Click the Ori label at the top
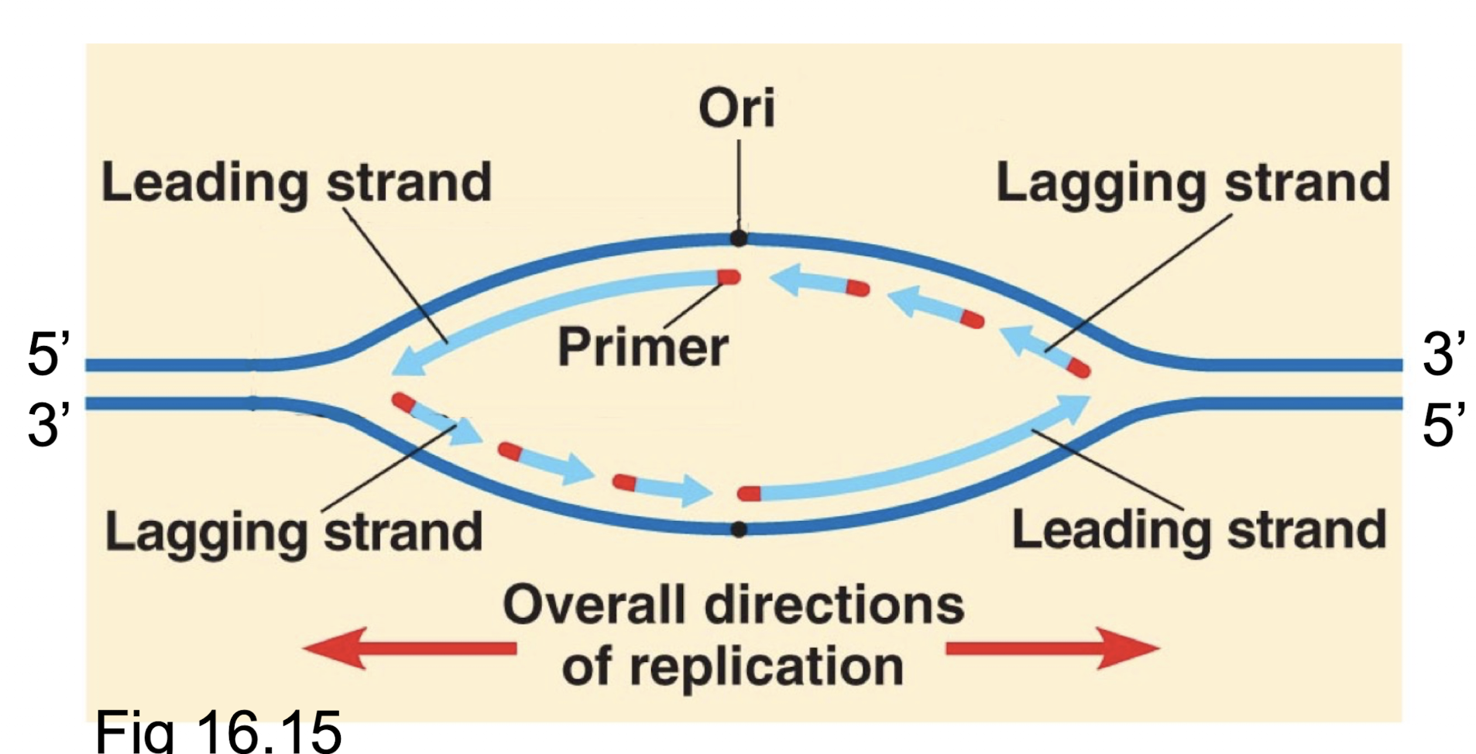736,108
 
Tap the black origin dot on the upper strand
739,238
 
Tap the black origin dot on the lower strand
739,530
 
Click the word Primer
642,348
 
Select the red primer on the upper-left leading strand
729,277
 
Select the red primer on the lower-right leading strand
749,494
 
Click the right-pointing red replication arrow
1053,648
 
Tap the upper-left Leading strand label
297,183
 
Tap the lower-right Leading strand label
1198,530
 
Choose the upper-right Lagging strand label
1192,183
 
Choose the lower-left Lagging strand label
293,532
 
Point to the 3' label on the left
48,426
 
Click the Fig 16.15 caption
218,731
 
